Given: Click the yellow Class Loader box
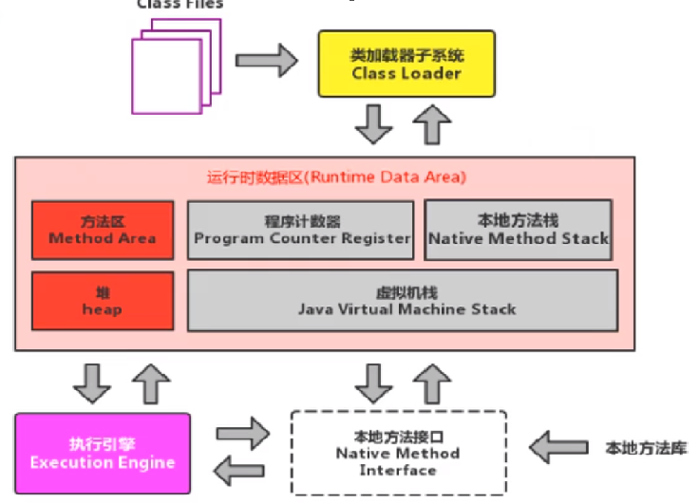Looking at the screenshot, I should point(406,64).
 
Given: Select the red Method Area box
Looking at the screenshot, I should point(103,230).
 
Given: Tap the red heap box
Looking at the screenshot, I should point(103,301).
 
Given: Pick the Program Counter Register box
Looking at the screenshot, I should point(301,230).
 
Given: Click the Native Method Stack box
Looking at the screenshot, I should point(518,230).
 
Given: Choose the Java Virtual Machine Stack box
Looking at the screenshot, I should point(404,301).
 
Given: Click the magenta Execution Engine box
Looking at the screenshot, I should point(103,454).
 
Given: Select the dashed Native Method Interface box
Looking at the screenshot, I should point(398,453).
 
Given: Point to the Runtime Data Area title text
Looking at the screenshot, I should point(335,177).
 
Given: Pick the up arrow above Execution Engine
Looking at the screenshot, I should point(150,382).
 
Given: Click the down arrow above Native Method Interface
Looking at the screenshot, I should point(372,382).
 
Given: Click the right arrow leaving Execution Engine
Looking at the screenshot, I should point(242,434).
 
